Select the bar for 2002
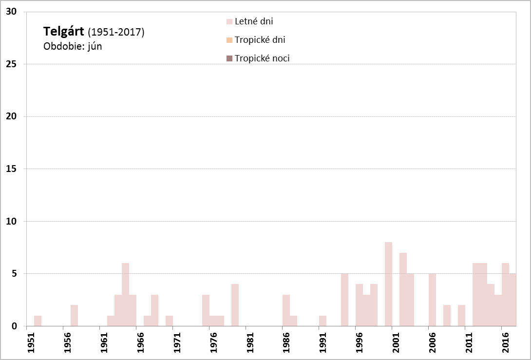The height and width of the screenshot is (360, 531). [x=403, y=289]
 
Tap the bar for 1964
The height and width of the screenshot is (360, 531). [x=125, y=295]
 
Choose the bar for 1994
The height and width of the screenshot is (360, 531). [x=344, y=300]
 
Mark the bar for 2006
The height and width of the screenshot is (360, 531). [x=432, y=300]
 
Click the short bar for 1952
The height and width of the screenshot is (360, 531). [x=38, y=321]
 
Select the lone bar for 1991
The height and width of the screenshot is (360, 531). [x=322, y=321]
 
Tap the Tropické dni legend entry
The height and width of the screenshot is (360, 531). [x=259, y=40]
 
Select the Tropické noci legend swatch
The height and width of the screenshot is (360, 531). [x=229, y=58]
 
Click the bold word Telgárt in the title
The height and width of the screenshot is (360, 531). [x=63, y=32]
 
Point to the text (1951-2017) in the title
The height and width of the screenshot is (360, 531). [x=116, y=33]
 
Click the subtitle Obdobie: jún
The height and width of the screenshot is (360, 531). [x=73, y=46]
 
